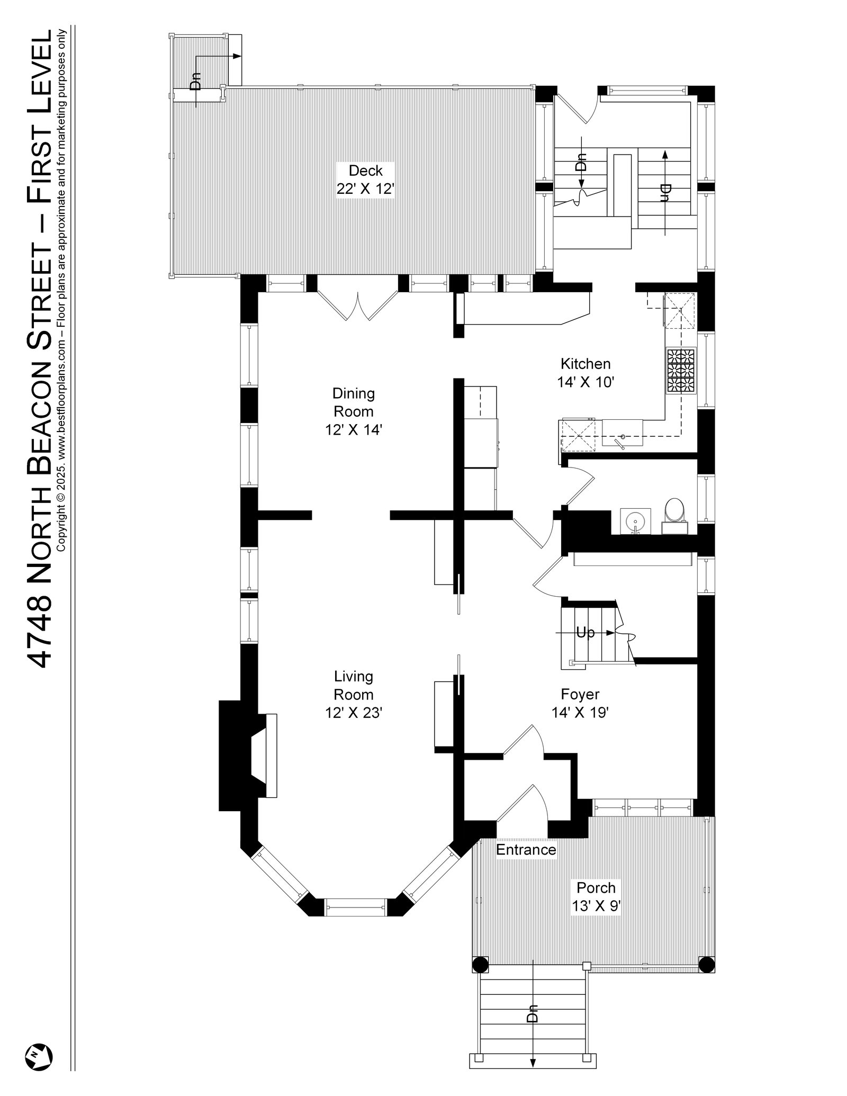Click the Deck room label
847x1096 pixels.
365,171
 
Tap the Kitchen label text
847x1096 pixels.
585,364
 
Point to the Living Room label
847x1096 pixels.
353,685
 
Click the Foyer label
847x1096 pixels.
580,694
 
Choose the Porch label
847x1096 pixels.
596,887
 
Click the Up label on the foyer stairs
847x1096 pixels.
585,632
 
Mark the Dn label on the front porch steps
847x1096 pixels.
533,1027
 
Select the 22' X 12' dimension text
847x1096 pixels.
365,189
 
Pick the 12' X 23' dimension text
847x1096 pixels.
353,713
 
